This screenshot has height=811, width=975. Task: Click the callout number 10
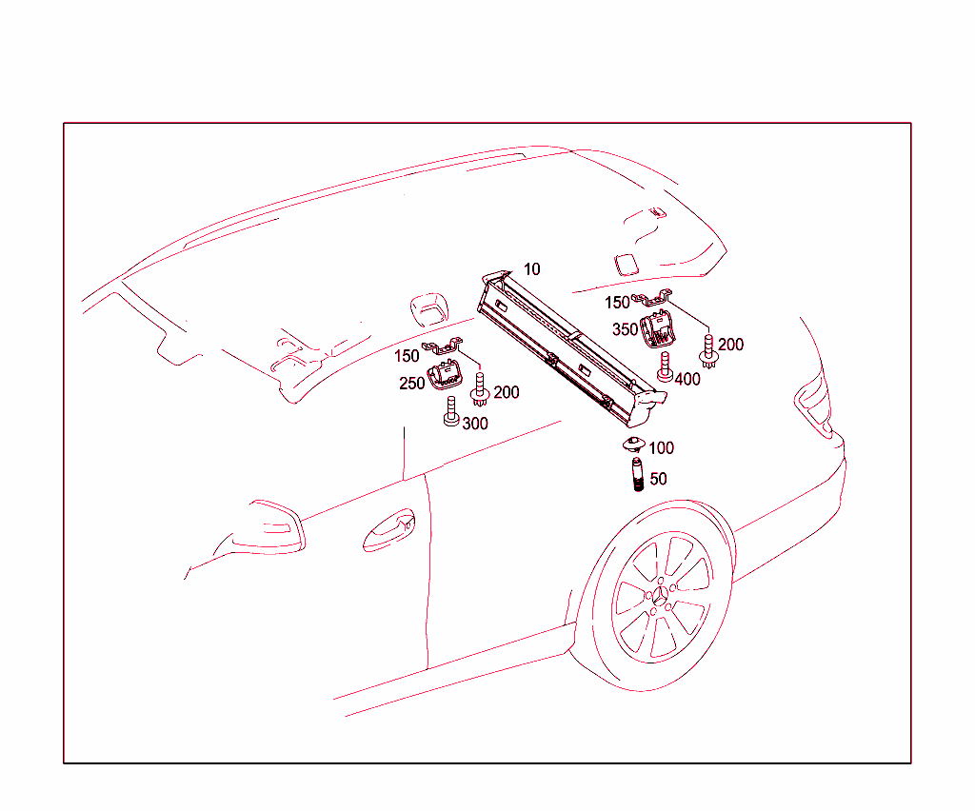[531, 269]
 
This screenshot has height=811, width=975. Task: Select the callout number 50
[659, 479]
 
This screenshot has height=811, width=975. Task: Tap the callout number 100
[661, 448]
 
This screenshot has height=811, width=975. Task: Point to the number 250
[411, 384]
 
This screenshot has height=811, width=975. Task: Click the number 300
[475, 424]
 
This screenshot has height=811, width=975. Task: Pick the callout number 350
[625, 329]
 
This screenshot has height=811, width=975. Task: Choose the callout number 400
[687, 379]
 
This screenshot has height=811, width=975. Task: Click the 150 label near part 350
[617, 303]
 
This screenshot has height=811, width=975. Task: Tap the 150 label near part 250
[407, 356]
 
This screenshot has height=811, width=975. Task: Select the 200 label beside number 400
[730, 345]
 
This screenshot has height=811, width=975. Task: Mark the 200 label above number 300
[507, 392]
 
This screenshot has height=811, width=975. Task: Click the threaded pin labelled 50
[637, 474]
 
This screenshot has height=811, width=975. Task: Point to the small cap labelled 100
[633, 444]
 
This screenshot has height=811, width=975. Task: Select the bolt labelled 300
[451, 412]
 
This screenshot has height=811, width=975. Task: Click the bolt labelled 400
[665, 366]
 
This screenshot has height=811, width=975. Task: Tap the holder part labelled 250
[445, 375]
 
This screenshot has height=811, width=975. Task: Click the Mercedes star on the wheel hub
[660, 596]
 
